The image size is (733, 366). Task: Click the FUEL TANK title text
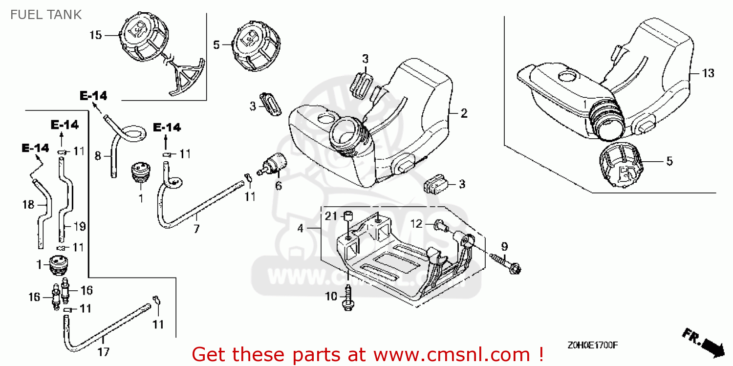46,15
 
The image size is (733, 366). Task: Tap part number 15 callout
95,35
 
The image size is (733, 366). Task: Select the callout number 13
708,73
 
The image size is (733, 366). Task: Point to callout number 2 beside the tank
464,113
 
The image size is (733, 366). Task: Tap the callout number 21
332,216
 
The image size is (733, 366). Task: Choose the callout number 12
416,224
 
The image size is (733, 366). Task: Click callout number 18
28,204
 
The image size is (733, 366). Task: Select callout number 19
80,226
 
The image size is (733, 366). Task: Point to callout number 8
98,156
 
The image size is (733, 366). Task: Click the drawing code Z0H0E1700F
593,345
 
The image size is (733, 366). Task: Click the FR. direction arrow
704,342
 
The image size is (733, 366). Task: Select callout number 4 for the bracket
301,228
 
